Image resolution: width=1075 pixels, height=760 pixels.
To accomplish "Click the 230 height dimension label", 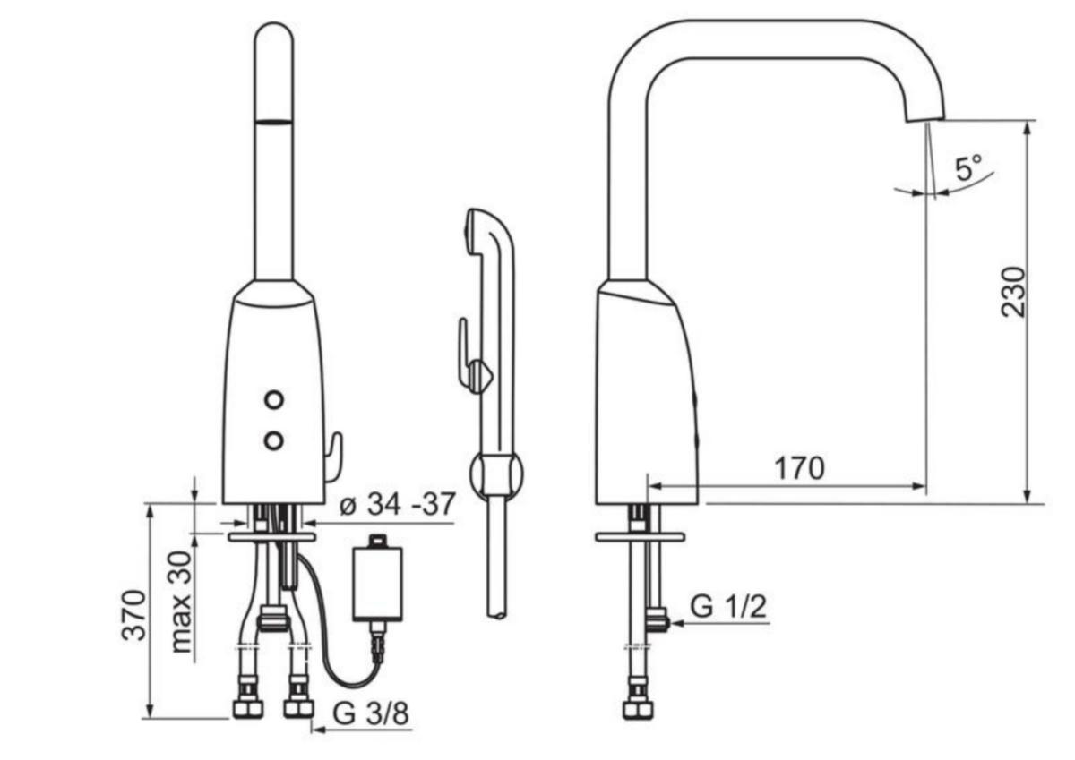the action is (1013, 292).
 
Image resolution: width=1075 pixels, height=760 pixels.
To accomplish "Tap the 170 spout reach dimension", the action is (799, 468).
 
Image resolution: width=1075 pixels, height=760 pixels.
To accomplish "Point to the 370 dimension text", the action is (133, 615).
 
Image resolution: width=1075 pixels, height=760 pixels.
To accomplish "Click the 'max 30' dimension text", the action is (180, 602).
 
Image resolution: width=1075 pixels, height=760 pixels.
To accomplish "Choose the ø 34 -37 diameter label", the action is (398, 504).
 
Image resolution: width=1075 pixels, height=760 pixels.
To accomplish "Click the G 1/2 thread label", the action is (728, 607).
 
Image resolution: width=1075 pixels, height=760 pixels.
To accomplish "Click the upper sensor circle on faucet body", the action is (274, 400).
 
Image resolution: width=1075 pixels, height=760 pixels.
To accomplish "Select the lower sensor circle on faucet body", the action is (274, 440).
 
